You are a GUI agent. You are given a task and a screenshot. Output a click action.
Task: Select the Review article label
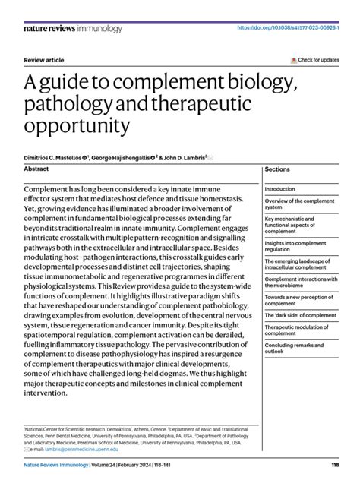pos(43,59)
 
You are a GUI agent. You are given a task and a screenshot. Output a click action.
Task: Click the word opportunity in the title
pos(76,125)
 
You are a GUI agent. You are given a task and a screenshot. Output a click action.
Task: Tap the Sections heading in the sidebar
pos(277,170)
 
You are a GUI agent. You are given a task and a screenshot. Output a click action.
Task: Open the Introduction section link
pos(280,189)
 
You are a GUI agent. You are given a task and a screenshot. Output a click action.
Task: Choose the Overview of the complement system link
pos(299,204)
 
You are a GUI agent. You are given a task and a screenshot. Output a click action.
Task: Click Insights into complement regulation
pos(298,246)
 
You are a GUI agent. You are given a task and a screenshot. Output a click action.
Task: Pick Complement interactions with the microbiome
pos(299,283)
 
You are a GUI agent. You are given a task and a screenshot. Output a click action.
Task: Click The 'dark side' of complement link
pos(300,315)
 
